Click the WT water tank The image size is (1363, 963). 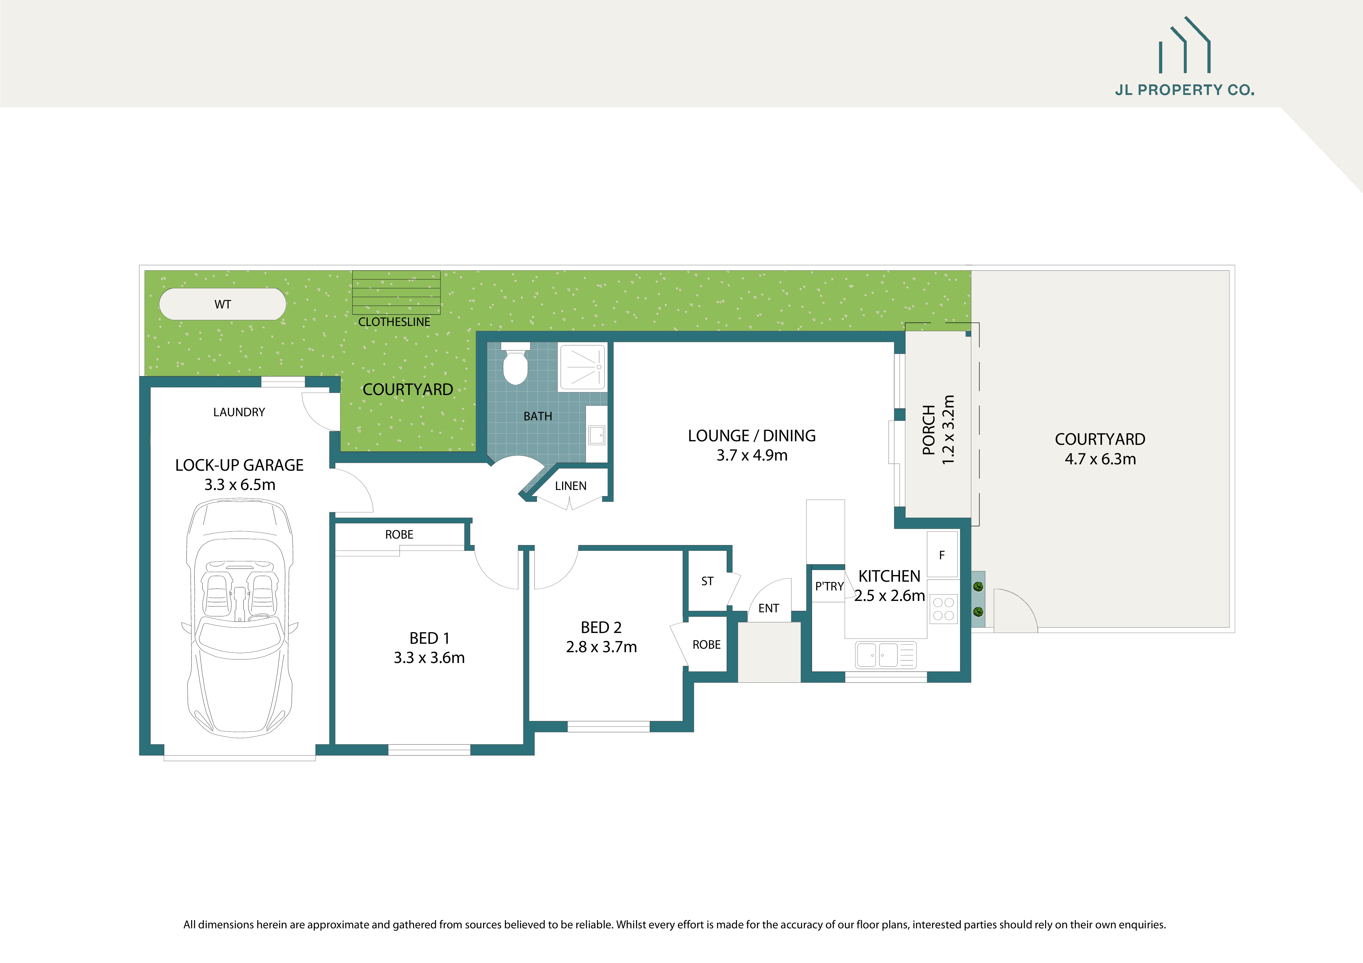(x=223, y=304)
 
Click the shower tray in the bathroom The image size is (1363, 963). (x=582, y=367)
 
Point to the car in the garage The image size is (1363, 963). (x=240, y=617)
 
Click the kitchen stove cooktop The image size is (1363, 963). (x=943, y=609)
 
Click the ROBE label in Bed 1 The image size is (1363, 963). (x=399, y=535)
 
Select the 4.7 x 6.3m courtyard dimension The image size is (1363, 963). (x=1100, y=459)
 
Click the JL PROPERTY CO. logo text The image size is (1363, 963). (x=1184, y=90)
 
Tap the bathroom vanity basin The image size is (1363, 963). (x=596, y=435)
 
